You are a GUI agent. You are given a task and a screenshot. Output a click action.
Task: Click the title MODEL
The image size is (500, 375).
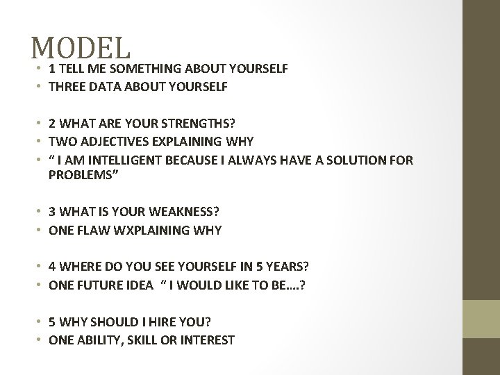point(81,48)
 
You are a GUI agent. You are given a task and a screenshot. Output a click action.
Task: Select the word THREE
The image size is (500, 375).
point(66,87)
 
